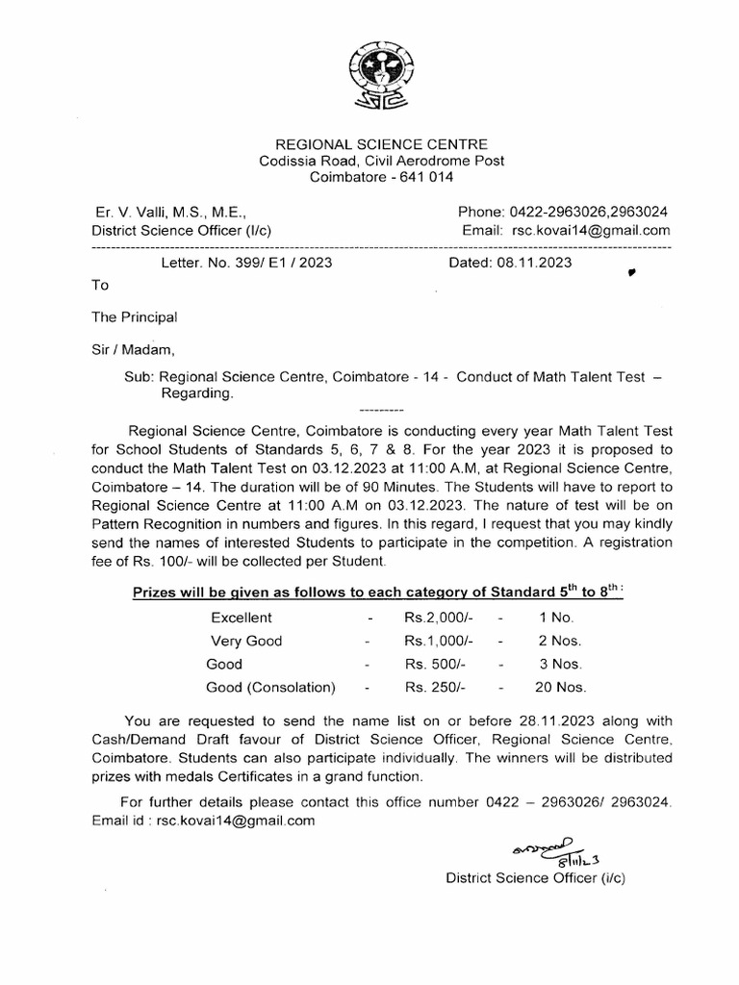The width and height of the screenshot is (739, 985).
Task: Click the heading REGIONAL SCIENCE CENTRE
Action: coord(382,143)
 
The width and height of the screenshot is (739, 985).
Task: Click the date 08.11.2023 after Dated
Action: coord(537,263)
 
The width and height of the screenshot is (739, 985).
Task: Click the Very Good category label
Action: coord(246,641)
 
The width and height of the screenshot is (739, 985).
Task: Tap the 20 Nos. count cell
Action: coord(560,688)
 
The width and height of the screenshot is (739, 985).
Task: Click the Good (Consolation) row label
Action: coord(271,688)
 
